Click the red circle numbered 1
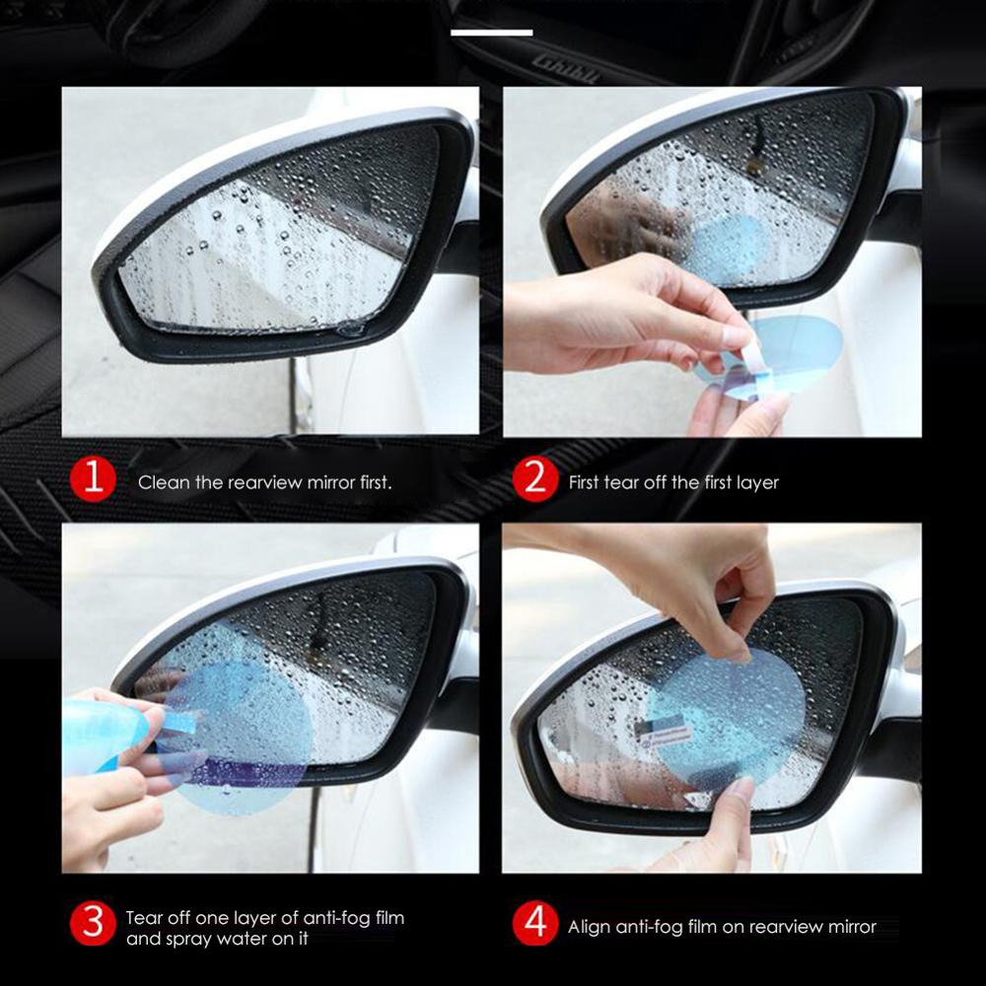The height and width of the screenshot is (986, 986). click(93, 481)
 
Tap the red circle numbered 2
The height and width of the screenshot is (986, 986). click(535, 481)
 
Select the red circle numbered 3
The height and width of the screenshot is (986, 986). click(93, 926)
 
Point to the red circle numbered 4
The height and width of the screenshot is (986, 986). click(535, 926)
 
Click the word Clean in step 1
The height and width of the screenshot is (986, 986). click(160, 483)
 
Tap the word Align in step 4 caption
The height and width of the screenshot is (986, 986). click(590, 927)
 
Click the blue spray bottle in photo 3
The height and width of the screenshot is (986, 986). click(99, 730)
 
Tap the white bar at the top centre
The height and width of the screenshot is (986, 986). click(491, 33)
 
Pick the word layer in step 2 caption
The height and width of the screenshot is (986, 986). click(756, 483)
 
